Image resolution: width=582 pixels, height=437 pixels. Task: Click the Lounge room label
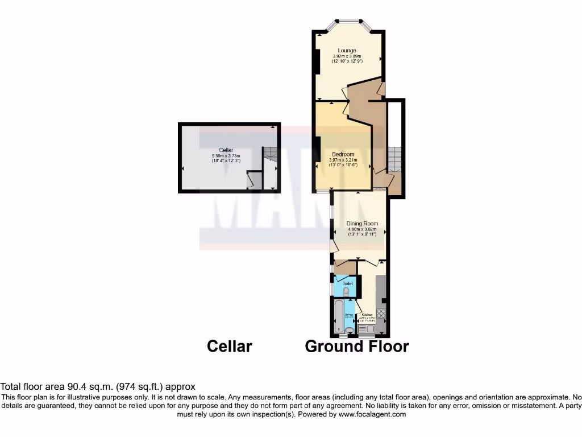[x=347, y=51]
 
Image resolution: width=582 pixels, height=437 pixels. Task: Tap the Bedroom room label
[x=343, y=154]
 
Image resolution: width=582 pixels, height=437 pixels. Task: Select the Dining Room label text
[x=362, y=224]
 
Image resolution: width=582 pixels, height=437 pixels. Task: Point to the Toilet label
[x=347, y=283]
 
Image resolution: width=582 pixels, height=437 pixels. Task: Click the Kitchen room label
[x=367, y=314]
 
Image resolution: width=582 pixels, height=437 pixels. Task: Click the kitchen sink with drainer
[x=367, y=328]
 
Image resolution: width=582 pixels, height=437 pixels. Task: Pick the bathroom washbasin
[x=349, y=329]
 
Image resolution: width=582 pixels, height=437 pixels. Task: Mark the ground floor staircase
[x=395, y=159]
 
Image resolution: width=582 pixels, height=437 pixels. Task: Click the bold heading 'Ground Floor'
[x=357, y=346]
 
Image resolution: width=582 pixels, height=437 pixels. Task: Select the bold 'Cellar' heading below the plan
[x=229, y=346]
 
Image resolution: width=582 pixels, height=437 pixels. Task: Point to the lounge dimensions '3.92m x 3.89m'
[x=347, y=56]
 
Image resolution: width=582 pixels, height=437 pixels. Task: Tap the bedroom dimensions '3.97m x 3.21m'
[x=343, y=160]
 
